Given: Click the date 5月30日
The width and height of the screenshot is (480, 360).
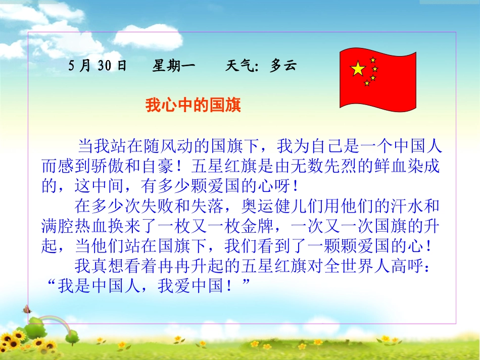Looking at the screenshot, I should [98, 66].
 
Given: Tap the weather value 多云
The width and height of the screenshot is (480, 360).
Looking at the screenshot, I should [282, 66].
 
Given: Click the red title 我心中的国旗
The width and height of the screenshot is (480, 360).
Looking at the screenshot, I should [193, 106].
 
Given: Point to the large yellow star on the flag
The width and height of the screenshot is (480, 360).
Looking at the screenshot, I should [358, 69].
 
